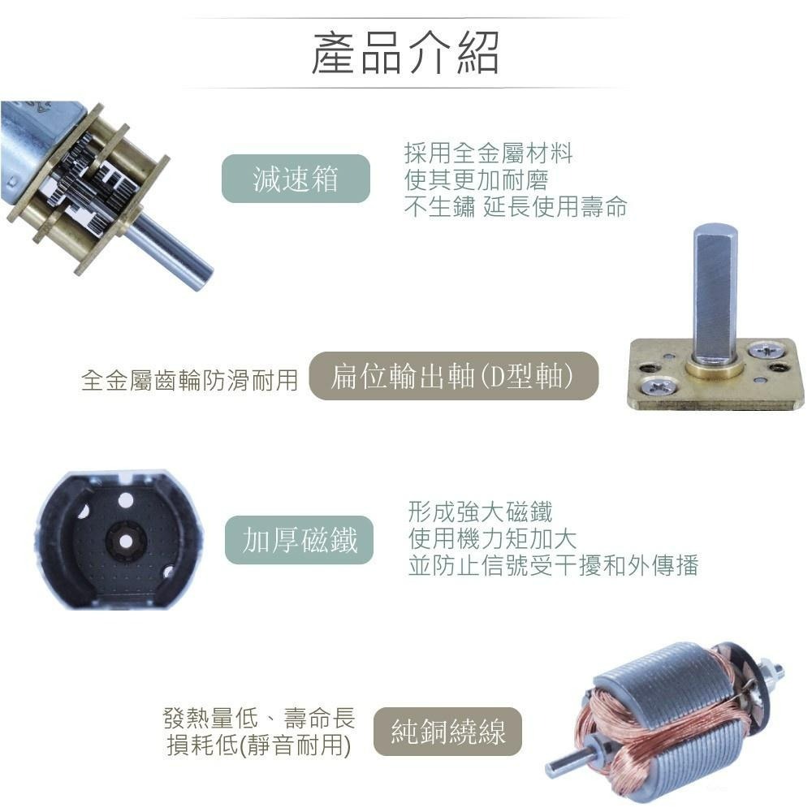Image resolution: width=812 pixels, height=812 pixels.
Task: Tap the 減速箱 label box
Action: [x=296, y=179]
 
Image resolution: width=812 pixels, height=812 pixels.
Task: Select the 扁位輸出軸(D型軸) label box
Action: [x=453, y=377]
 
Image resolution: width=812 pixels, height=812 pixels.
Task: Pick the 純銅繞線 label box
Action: [x=447, y=732]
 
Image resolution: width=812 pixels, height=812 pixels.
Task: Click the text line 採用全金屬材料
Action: [x=488, y=152]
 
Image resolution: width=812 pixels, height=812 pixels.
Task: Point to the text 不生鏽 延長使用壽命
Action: [x=516, y=207]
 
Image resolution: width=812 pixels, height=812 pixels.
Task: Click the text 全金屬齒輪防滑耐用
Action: [x=190, y=379]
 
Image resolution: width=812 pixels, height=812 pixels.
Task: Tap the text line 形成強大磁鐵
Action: [x=480, y=512]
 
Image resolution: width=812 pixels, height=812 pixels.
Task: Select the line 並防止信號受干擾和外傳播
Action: [x=553, y=565]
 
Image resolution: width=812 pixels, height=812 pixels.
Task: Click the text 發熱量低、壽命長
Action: [x=259, y=718]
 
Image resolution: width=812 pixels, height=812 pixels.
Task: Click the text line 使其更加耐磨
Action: [x=476, y=179]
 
